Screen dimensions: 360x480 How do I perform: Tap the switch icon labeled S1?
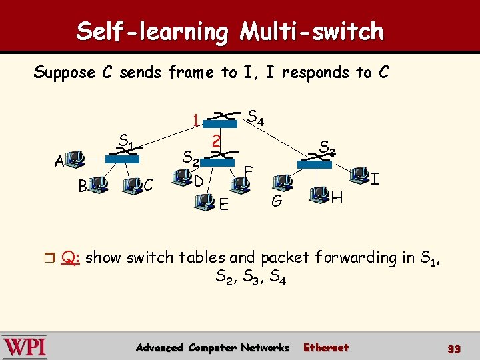pyautogui.click(x=123, y=156)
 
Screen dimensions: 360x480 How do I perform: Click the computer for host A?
pyautogui.click(x=76, y=159)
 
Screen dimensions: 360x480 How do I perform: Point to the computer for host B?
pyautogui.click(x=100, y=183)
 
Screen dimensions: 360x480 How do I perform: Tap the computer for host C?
pyautogui.click(x=133, y=183)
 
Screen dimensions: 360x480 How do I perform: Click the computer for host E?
pyautogui.click(x=209, y=199)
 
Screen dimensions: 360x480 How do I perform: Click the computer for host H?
pyautogui.click(x=319, y=195)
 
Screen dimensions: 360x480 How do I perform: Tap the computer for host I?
pyautogui.click(x=361, y=175)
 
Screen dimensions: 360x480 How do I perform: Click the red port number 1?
pyautogui.click(x=195, y=121)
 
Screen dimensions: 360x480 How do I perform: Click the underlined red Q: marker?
pyautogui.click(x=70, y=257)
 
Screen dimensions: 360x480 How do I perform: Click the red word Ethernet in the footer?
pyautogui.click(x=326, y=347)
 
